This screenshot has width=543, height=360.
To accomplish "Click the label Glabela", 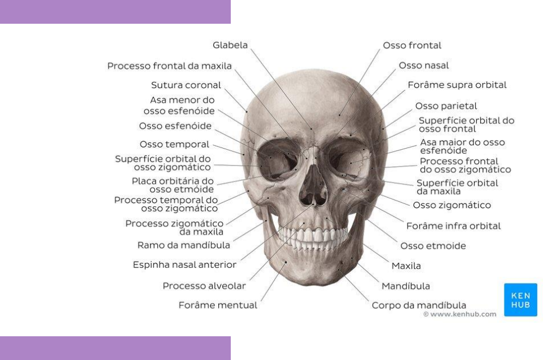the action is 230,45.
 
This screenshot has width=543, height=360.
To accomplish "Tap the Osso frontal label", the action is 412,45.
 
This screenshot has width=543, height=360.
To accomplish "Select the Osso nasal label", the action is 424,66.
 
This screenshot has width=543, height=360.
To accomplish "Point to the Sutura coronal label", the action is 186,86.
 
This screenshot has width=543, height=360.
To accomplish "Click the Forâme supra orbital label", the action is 457,85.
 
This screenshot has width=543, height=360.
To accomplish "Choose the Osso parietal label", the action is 446,106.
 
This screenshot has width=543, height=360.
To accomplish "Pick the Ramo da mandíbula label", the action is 184,245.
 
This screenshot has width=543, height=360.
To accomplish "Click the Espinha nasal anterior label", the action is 184,264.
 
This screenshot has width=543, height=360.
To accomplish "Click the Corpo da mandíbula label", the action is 419,305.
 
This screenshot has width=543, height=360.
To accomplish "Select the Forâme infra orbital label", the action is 454,226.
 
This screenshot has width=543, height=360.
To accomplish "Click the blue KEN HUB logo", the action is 512,300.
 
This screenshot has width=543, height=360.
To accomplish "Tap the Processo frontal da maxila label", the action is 170,66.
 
